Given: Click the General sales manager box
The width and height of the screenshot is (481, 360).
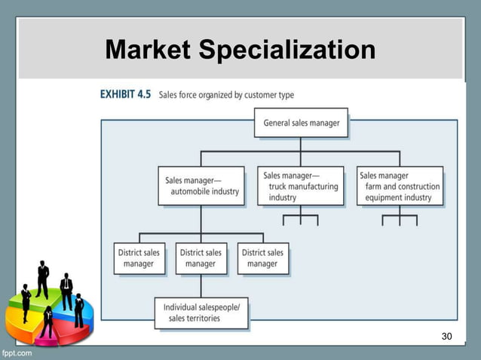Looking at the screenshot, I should coord(301,123).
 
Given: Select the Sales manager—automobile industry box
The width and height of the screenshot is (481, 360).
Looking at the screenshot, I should coord(201,185).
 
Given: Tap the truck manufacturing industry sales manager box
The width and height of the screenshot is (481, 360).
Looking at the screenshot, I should coord(300,185).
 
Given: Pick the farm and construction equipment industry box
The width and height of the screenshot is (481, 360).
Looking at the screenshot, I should coord(400,186).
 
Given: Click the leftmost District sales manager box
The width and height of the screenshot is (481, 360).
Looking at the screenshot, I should coord(138,258).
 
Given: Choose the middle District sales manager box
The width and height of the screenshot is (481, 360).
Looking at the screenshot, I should coord(201,258).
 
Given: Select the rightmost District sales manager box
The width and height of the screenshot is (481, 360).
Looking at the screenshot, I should coord(262,258).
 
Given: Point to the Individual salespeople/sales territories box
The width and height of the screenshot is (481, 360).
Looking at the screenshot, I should coord(201,313).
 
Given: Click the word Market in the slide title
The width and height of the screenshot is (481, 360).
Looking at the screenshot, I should coord(149,50).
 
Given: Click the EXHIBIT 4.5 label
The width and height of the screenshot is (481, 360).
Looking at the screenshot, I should coord(126,96).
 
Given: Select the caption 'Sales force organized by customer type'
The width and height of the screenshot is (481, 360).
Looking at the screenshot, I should coord(226,96).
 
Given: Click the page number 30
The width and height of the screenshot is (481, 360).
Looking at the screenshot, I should coord(446,335).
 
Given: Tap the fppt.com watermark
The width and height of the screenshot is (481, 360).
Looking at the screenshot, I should coord(17,352).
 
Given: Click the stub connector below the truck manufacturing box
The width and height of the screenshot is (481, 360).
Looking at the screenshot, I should coord(300,219).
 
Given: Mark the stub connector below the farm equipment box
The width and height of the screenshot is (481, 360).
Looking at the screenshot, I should coord(400,219).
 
